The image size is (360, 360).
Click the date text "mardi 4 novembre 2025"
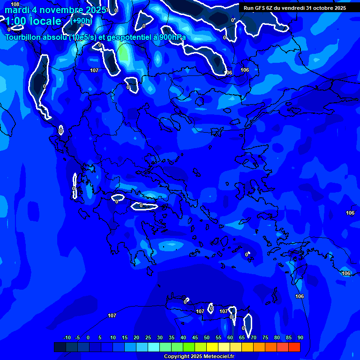tap(55, 10)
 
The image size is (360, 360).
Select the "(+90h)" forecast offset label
tap(81, 21)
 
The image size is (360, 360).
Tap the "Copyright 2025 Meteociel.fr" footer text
tap(199, 357)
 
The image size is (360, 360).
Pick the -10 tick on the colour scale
tap(67, 337)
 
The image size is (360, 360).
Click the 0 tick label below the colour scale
tap(89, 337)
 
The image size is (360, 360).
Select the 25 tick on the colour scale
tap(148, 337)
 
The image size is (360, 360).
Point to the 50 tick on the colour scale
tap(207, 337)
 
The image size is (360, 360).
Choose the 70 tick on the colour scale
tap(254, 337)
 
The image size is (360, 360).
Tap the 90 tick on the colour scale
tap(300, 337)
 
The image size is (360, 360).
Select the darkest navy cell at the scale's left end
tap(60, 347)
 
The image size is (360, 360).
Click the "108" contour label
tap(15, 4)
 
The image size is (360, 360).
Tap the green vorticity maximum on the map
tap(123, 55)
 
